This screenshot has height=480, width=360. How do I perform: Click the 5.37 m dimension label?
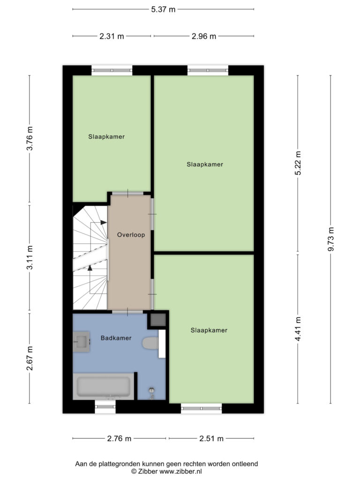coord(163,9)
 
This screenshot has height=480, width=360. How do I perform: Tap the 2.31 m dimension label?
coord(112,37)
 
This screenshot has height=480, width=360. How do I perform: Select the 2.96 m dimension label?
coord(204,37)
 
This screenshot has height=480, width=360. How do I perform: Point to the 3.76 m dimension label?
coord(30,138)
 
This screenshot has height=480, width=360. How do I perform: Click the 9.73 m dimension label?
coord(331,239)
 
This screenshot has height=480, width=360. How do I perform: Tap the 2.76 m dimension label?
coord(119,439)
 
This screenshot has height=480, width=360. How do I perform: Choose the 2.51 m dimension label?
coord(211,439)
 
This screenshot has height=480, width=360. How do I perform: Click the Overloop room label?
coord(131,235)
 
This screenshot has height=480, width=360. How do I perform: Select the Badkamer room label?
coord(116,338)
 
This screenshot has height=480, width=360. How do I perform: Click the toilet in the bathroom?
coord(150,343)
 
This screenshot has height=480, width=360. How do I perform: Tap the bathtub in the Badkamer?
coord(104,386)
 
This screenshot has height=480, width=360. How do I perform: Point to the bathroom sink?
coord(81,342)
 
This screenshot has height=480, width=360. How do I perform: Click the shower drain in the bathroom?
coord(151,390)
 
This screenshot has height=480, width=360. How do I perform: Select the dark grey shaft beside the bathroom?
coord(157,320)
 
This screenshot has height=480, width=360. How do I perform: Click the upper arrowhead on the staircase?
coord(104,223)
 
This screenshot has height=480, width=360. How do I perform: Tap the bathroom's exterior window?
coord(105,406)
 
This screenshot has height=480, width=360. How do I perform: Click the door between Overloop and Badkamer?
coord(127,312)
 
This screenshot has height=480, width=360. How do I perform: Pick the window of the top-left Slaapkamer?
coord(112,70)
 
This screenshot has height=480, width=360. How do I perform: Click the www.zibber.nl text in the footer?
coord(180,472)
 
